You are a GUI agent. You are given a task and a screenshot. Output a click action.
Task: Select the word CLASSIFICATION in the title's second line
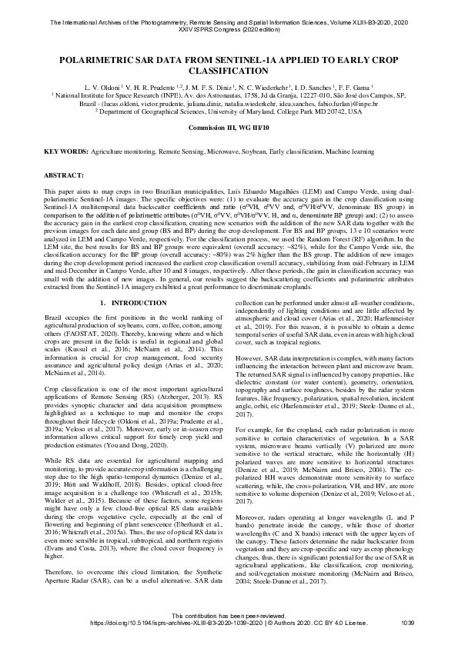[x=229, y=68]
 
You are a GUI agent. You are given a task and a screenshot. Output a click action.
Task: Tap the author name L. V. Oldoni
[x=103, y=88]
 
